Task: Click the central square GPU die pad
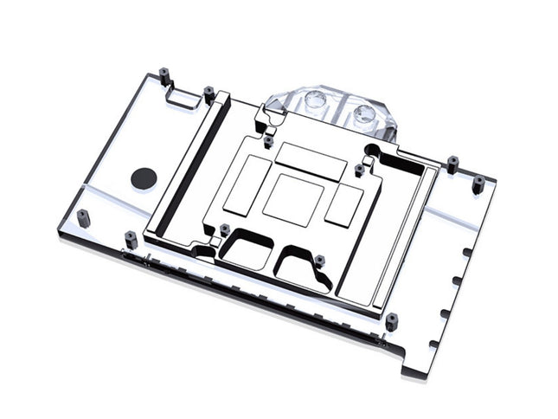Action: click(x=293, y=198)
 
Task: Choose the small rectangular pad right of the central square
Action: click(x=343, y=202)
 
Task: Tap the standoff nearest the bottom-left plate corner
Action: click(x=83, y=216)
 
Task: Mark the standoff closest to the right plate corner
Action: click(x=478, y=184)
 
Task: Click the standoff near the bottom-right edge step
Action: click(x=392, y=321)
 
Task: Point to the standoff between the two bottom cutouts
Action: click(x=319, y=260)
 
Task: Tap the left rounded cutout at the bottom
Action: click(x=246, y=250)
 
